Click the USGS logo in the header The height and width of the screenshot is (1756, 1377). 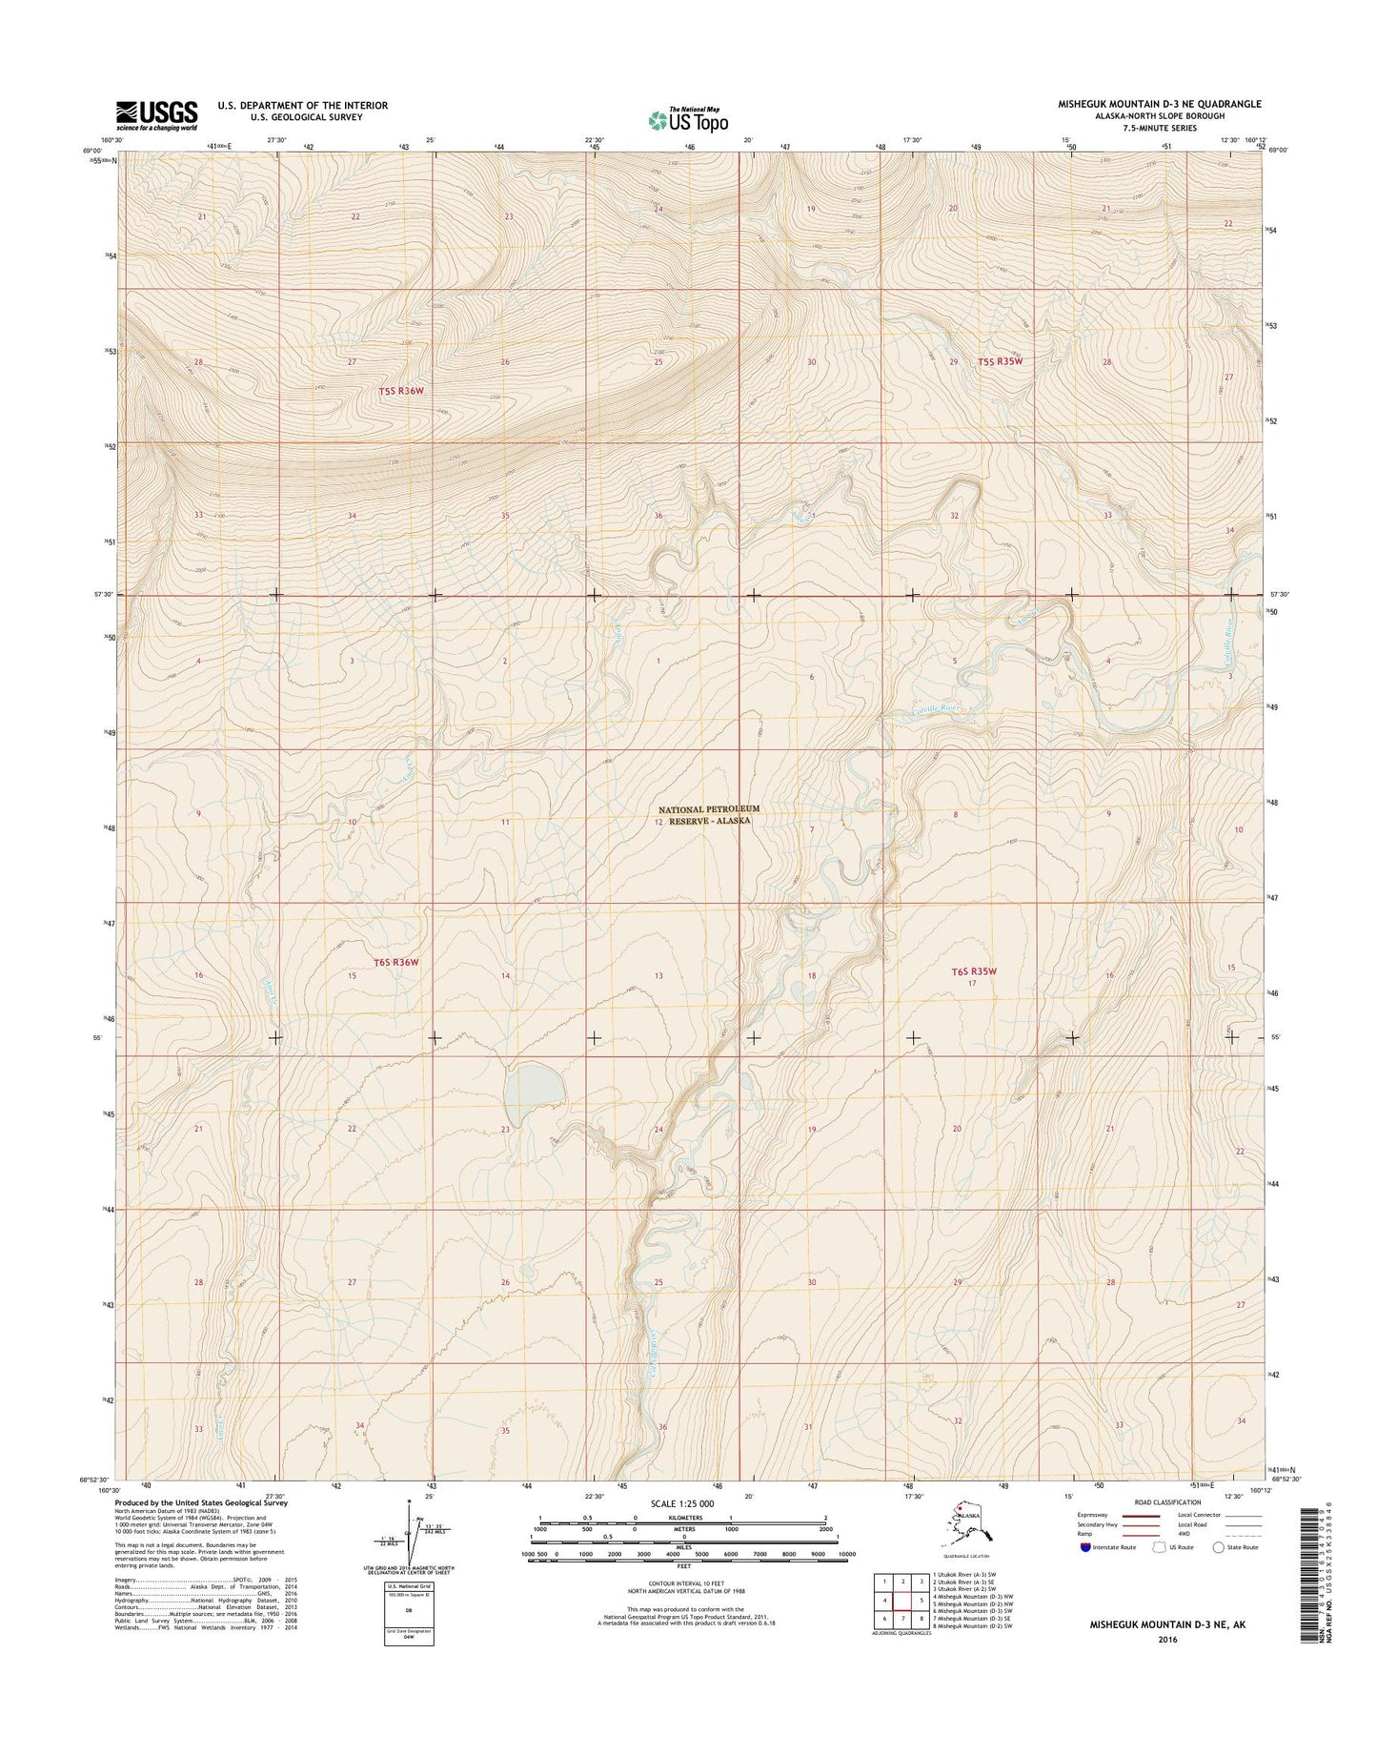click(x=157, y=113)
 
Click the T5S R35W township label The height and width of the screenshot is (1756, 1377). click(x=1005, y=361)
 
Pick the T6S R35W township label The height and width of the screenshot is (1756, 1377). click(x=974, y=971)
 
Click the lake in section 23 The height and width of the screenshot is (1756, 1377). click(x=534, y=1090)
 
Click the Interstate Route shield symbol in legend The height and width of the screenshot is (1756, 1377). click(x=1085, y=1547)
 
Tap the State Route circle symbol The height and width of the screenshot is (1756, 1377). click(x=1220, y=1547)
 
